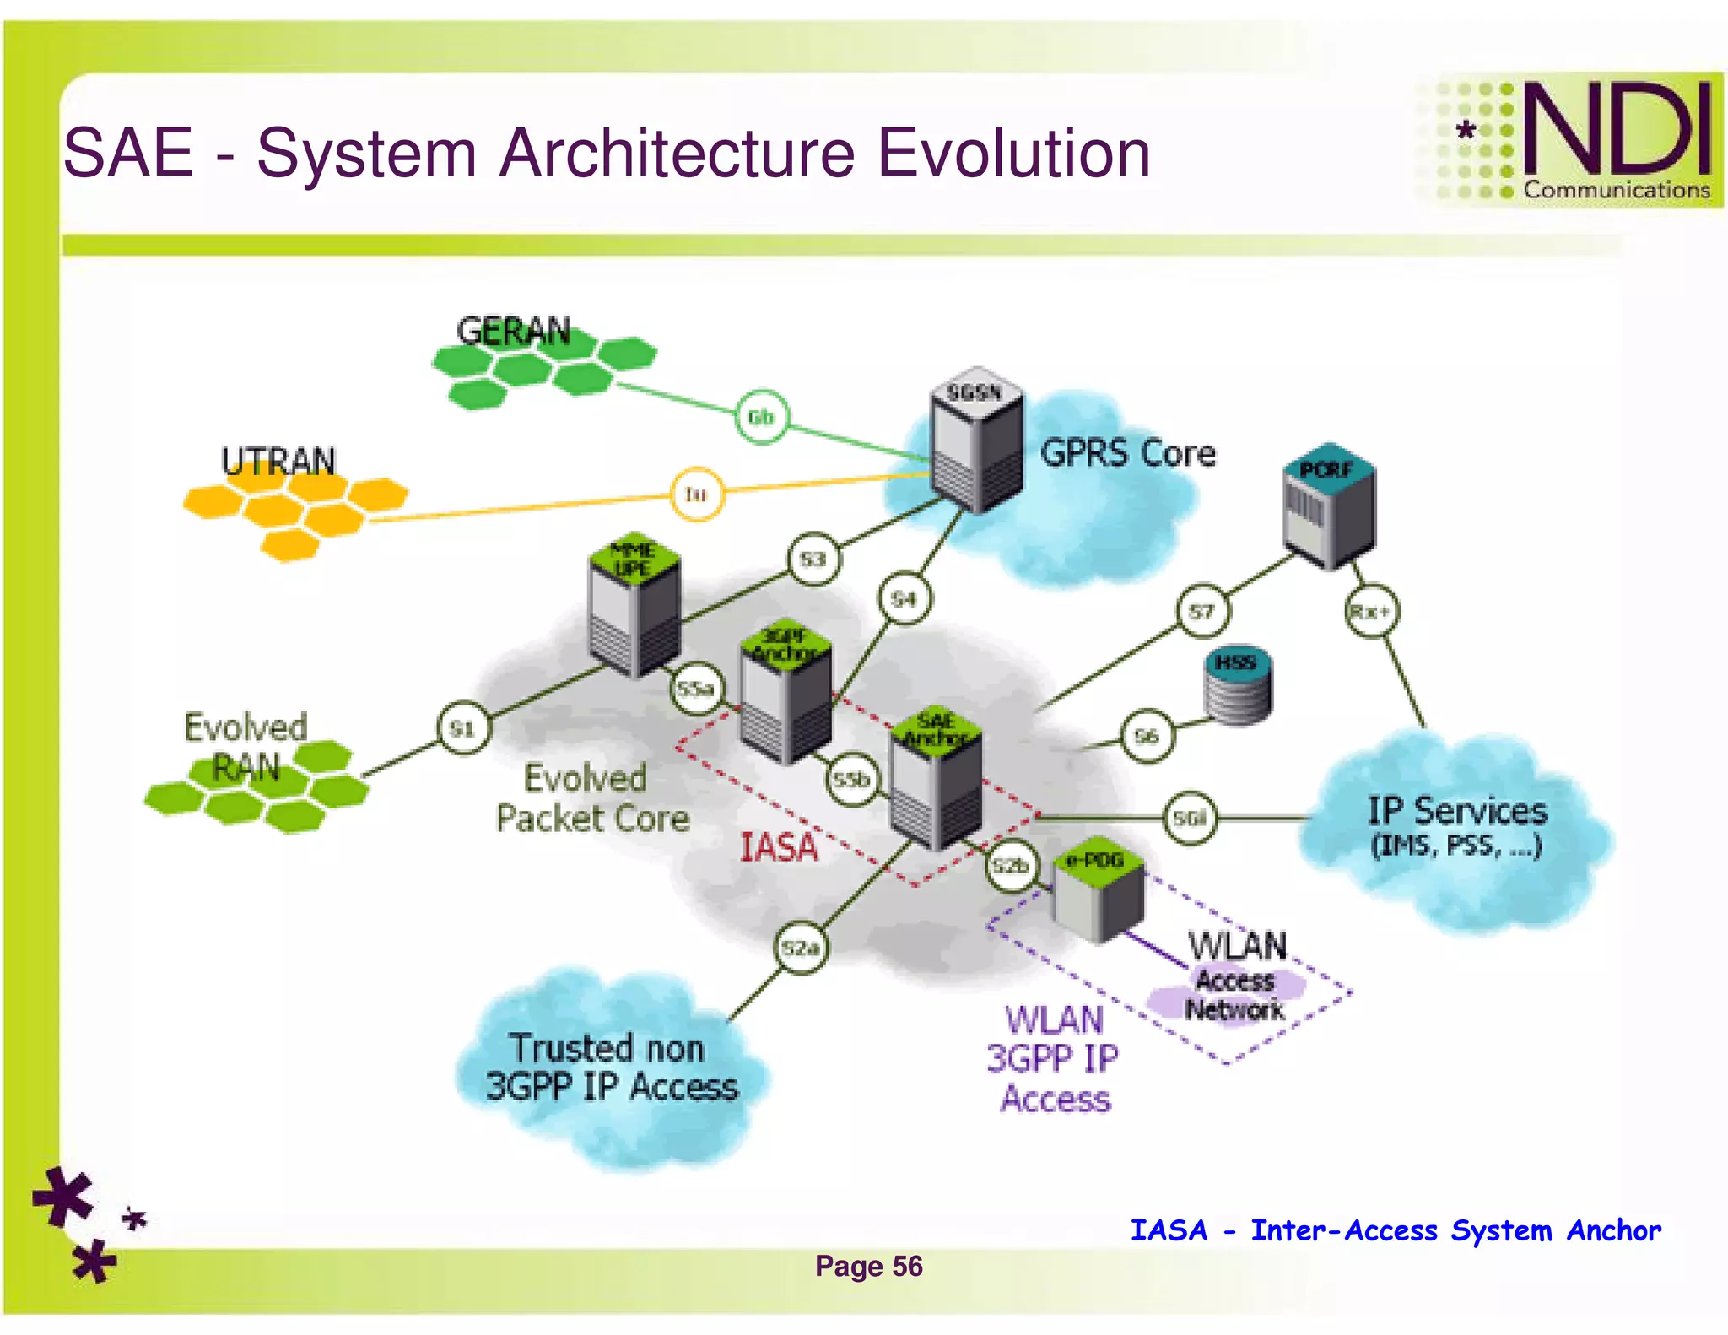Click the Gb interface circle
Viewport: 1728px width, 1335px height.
[x=761, y=417]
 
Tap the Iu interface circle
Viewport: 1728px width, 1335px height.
[x=696, y=495]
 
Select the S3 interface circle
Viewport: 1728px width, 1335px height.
[x=813, y=559]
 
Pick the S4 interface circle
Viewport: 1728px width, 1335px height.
[x=904, y=598]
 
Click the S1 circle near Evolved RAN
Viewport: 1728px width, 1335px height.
[x=463, y=727]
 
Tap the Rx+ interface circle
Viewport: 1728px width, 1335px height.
[x=1370, y=611]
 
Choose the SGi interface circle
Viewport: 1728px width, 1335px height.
[x=1190, y=817]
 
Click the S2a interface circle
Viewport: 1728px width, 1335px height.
[x=800, y=948]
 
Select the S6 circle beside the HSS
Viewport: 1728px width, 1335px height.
[x=1147, y=737]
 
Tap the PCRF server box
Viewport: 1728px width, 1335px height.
[x=1329, y=506]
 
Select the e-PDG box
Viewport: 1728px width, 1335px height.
[x=1099, y=890]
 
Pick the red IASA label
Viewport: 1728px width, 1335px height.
[x=778, y=848]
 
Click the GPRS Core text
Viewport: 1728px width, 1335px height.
[x=1127, y=453]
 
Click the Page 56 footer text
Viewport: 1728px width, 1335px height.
[x=868, y=1266]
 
